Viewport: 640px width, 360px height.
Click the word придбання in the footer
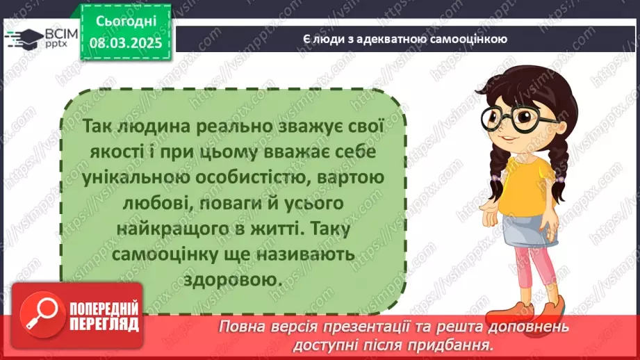[459, 343]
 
